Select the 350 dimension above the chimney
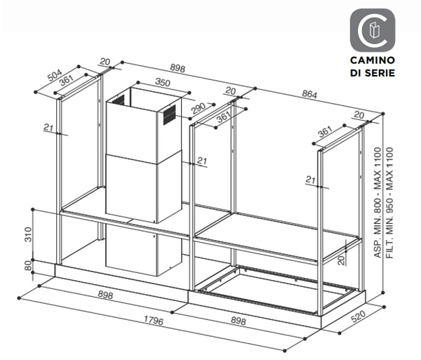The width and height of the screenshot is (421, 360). click(x=163, y=82)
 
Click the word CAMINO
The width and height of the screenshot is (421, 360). click(x=373, y=61)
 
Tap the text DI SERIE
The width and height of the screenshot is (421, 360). click(x=373, y=73)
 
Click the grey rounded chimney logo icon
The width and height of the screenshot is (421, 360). click(x=373, y=29)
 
